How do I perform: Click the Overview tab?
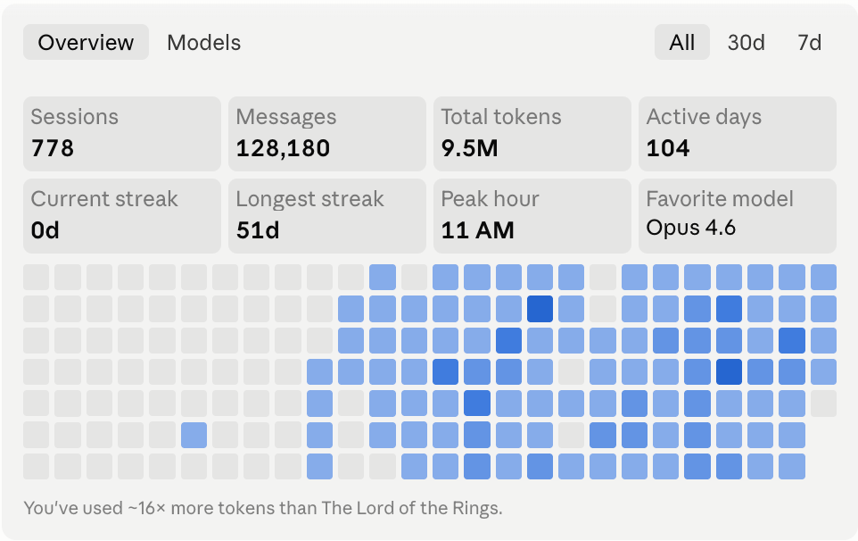coord(86,42)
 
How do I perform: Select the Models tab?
coord(203,42)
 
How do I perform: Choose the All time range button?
coord(681,42)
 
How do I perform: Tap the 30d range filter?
coord(746,42)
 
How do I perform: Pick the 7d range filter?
coord(809,42)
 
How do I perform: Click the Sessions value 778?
coord(53,148)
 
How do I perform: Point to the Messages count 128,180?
coord(283,148)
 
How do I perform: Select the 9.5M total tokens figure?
coord(469,148)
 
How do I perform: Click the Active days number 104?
coord(668,148)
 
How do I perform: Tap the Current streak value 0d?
coord(45,230)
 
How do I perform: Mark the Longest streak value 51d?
coord(258,230)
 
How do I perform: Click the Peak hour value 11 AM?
coord(478,230)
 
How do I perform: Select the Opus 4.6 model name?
coord(691,228)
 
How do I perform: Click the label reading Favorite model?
coord(720,199)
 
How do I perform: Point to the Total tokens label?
coord(501,117)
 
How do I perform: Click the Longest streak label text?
coord(309,199)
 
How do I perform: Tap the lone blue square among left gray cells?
coord(194,436)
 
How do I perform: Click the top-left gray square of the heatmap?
coord(36,277)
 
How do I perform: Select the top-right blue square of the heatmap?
coord(823,277)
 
